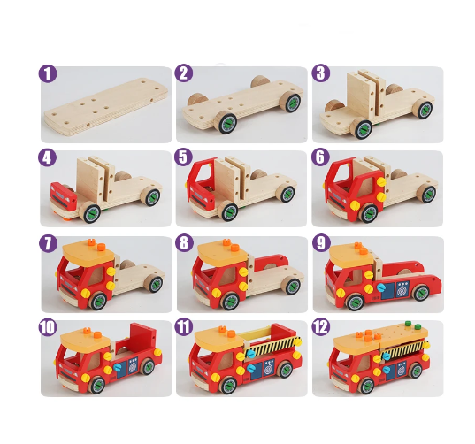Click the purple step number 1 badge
point(48,73)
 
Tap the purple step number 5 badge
point(184,157)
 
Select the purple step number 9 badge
point(321,242)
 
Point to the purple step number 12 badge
point(321,326)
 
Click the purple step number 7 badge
point(48,243)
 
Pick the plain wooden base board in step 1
point(106,107)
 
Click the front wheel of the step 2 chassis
point(226,123)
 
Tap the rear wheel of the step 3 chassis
point(423,109)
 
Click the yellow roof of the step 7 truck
point(88,252)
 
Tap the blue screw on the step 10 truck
point(118,367)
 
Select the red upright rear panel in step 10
point(142,336)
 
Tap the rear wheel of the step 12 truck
point(415,371)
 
